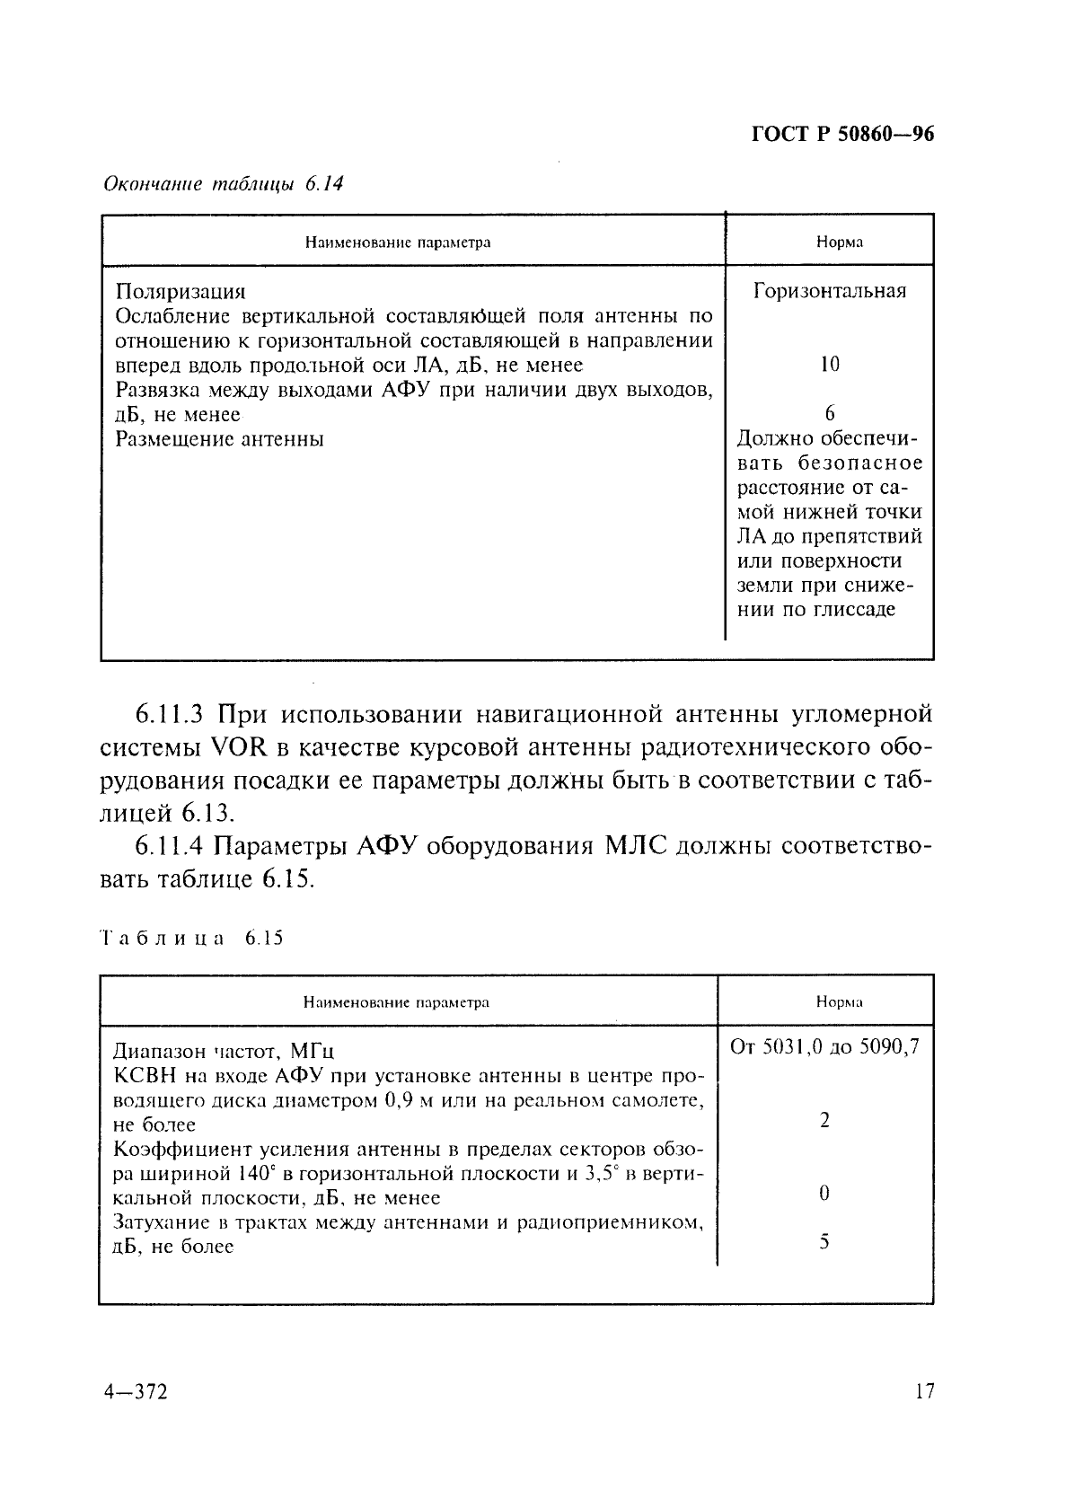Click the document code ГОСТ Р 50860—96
click(x=841, y=135)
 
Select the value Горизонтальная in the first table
click(x=829, y=291)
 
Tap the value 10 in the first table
click(x=829, y=365)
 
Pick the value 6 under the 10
click(x=829, y=413)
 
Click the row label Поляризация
click(x=181, y=292)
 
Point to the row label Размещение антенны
click(x=220, y=439)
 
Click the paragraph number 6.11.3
click(x=172, y=715)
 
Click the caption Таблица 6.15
click(x=190, y=939)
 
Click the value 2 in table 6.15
click(x=824, y=1121)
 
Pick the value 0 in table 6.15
click(x=824, y=1194)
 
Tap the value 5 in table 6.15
click(x=824, y=1243)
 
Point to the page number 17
click(x=924, y=1392)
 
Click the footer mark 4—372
click(x=137, y=1392)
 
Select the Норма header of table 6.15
click(x=839, y=1001)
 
